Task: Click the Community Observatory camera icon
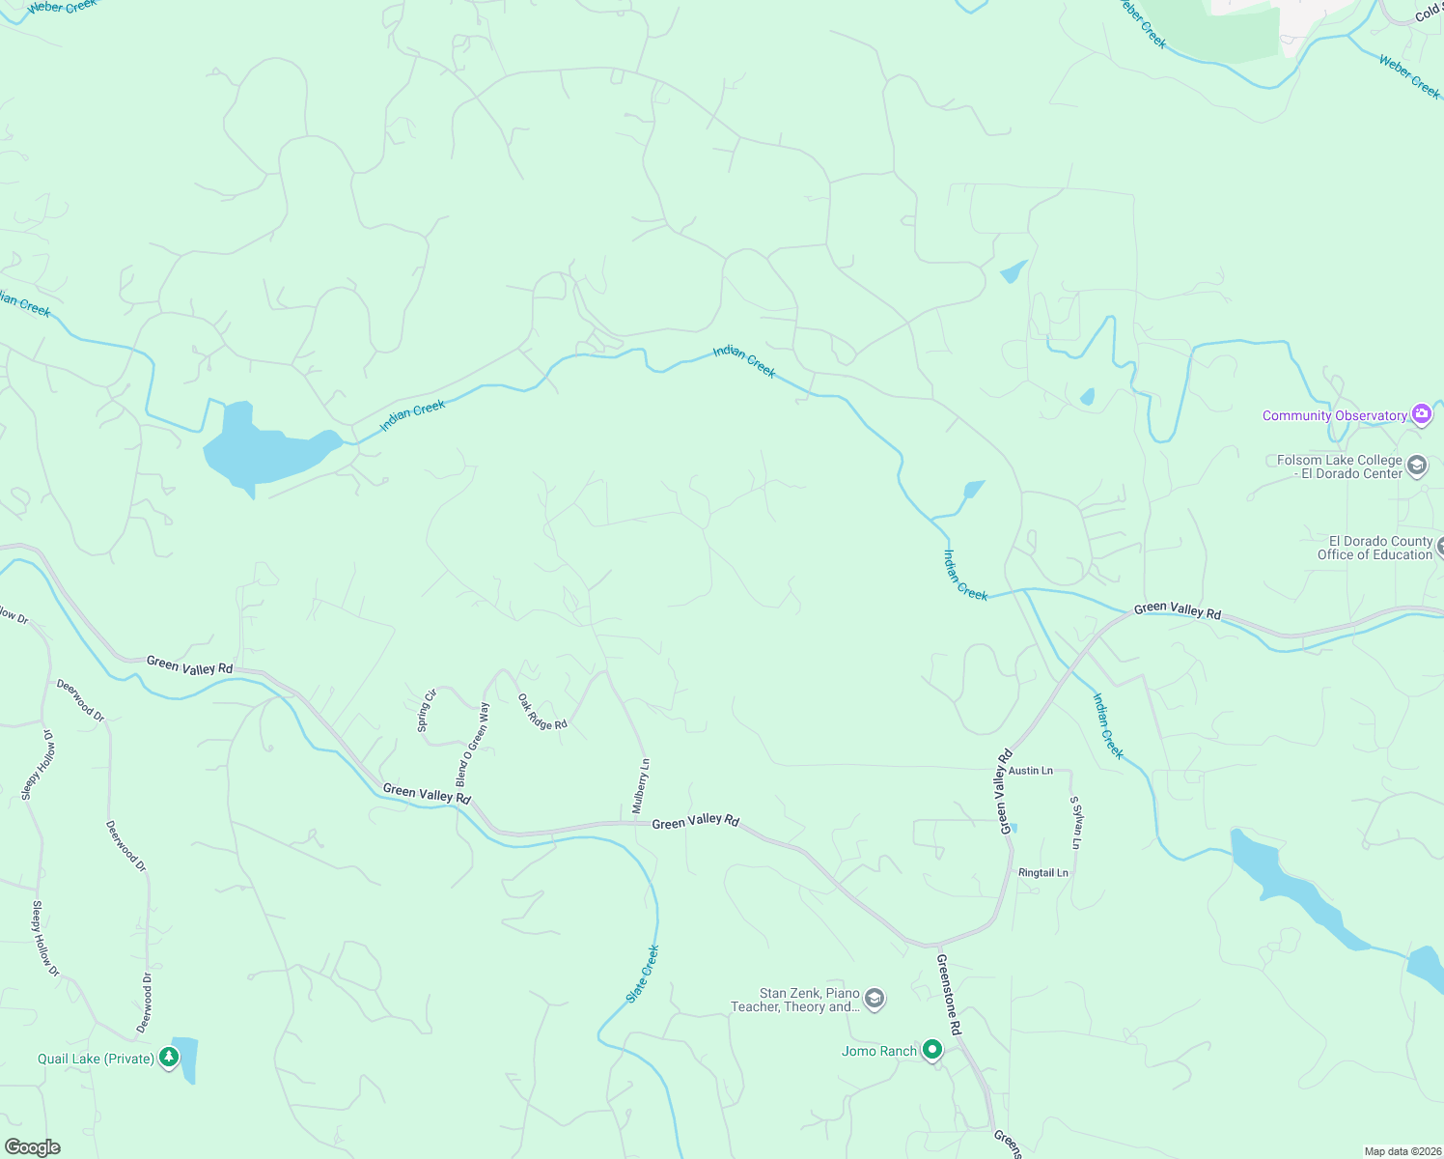coord(1421,415)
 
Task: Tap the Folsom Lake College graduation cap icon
coord(1417,466)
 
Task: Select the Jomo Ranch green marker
coord(931,1050)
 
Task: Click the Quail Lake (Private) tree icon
coord(170,1059)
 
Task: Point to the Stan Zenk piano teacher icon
coord(875,999)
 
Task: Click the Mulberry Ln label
coord(641,786)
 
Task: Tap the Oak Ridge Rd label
coord(542,712)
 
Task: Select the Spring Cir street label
coord(426,710)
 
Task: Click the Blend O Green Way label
coord(473,744)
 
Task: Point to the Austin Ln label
coord(1031,771)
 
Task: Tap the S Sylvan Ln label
coord(1075,823)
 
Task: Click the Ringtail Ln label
coord(1043,873)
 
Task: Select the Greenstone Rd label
coord(949,995)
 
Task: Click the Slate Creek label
coord(643,974)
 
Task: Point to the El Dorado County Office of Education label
coord(1375,548)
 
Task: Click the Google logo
coord(33,1147)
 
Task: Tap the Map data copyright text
coord(1402,1151)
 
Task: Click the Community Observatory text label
coord(1334,416)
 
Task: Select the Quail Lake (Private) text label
coord(96,1060)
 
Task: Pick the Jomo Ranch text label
coord(878,1052)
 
